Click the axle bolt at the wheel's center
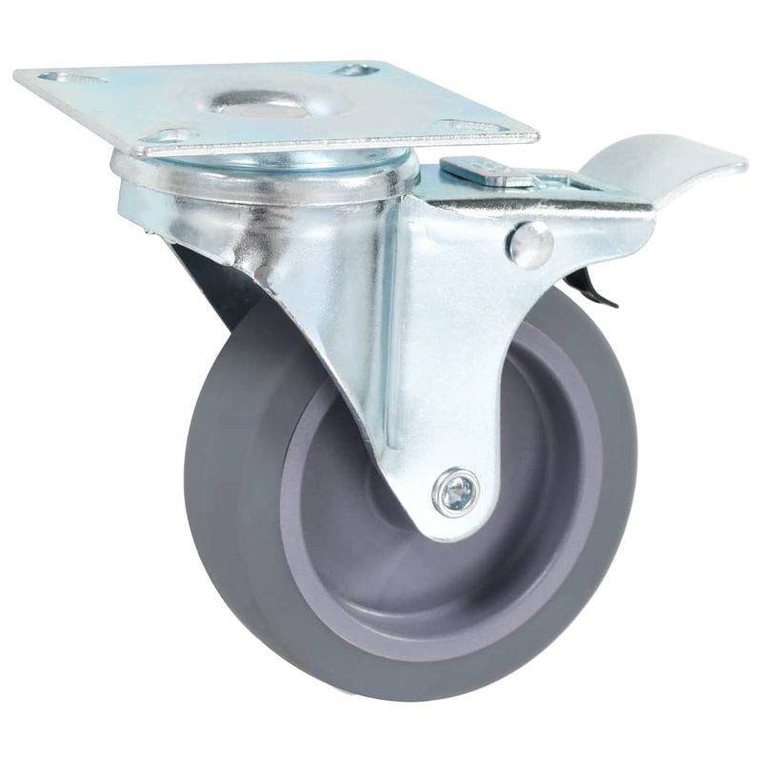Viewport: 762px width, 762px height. click(454, 491)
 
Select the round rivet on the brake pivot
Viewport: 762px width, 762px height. click(531, 245)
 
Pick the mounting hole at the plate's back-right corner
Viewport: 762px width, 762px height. click(356, 70)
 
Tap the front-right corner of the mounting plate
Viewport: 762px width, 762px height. click(533, 137)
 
